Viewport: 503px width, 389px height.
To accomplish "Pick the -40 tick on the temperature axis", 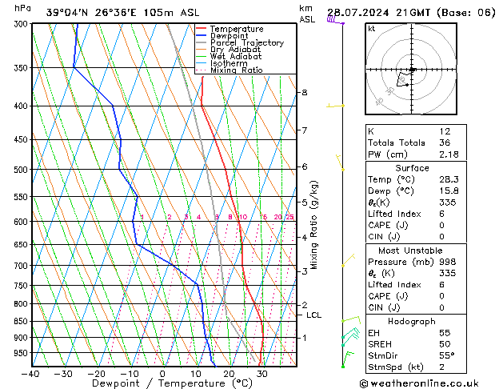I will click(x=31, y=374).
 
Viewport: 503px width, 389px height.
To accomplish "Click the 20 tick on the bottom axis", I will click(x=229, y=374).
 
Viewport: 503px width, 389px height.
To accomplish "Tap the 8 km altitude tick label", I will click(x=304, y=93).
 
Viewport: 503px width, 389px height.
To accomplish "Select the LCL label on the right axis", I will click(x=313, y=315).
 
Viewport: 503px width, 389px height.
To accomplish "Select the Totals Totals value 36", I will click(x=445, y=142).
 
